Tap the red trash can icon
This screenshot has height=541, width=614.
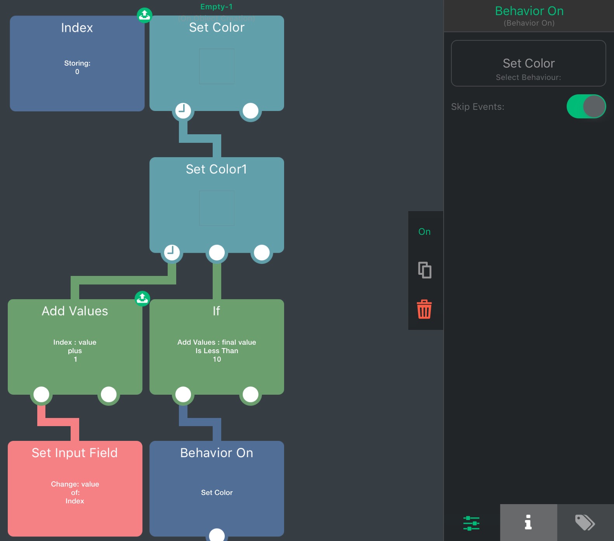tap(424, 309)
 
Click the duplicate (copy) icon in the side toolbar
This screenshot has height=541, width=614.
tap(425, 270)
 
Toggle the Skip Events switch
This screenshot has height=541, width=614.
tap(586, 106)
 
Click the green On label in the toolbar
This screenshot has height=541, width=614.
tap(424, 232)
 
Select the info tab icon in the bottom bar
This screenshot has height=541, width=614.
tap(528, 522)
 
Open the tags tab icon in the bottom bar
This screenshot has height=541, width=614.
tap(585, 522)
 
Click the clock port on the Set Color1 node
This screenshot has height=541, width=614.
tap(172, 253)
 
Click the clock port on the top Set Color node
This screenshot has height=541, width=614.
tap(183, 111)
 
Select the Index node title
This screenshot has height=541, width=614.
tap(77, 28)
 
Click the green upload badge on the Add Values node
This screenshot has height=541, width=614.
tap(142, 298)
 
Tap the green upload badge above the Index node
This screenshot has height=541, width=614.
tap(144, 16)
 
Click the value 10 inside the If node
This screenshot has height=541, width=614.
tap(217, 359)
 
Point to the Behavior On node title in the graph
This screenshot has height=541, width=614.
tap(217, 453)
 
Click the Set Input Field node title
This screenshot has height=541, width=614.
tap(75, 453)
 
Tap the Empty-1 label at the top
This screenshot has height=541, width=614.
tap(216, 7)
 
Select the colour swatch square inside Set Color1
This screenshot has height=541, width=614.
tap(217, 208)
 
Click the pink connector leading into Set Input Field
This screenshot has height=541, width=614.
tap(58, 422)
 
